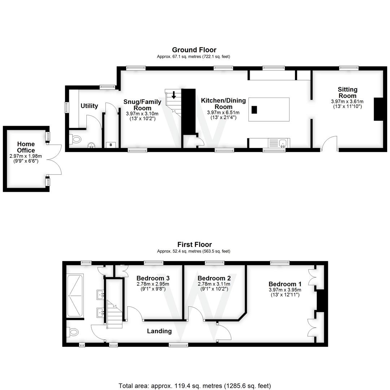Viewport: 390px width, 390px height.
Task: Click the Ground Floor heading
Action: pyautogui.click(x=194, y=50)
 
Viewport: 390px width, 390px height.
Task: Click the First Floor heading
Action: pyautogui.click(x=194, y=244)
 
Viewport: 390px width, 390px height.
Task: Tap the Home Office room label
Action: pyautogui.click(x=26, y=147)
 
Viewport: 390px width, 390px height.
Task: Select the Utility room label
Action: pyautogui.click(x=89, y=106)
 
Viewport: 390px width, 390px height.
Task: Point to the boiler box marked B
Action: pyautogui.click(x=110, y=145)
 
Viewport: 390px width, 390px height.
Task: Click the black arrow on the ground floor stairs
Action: pyautogui.click(x=174, y=95)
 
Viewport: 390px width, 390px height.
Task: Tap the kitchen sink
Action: pyautogui.click(x=282, y=143)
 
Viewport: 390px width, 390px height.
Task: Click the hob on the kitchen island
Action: pyautogui.click(x=254, y=110)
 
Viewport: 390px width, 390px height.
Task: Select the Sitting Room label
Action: pyautogui.click(x=347, y=92)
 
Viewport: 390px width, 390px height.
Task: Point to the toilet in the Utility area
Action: pyautogui.click(x=75, y=138)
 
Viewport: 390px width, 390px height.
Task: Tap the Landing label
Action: pyautogui.click(x=159, y=331)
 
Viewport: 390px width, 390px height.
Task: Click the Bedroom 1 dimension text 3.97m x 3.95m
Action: pyautogui.click(x=285, y=290)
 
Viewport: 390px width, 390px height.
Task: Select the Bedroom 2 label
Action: pyautogui.click(x=214, y=278)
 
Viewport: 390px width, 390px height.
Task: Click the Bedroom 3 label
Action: pyautogui.click(x=153, y=278)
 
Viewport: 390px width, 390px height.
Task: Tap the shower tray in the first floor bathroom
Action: pyautogui.click(x=75, y=296)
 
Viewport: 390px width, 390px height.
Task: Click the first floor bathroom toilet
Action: pyautogui.click(x=73, y=331)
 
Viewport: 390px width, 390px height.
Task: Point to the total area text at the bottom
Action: pyautogui.click(x=195, y=386)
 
